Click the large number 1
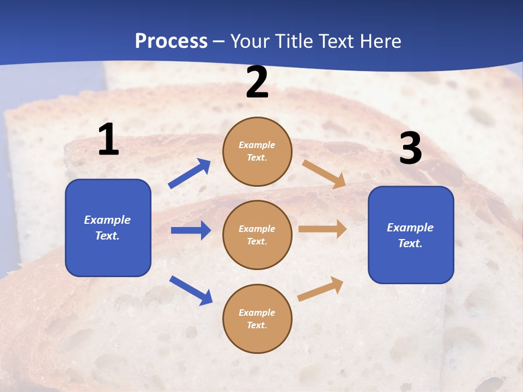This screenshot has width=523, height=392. point(108,140)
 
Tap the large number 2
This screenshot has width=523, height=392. point(257,82)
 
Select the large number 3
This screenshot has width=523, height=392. point(410,149)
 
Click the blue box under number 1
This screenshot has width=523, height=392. point(108,228)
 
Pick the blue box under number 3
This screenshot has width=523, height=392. point(411,235)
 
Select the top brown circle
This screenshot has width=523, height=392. point(257,151)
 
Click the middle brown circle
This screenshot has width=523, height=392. point(257,235)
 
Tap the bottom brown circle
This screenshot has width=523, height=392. point(257,318)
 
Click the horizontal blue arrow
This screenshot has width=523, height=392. point(191,230)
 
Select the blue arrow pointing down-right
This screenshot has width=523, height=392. point(191,290)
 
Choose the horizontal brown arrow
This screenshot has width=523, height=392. point(323,229)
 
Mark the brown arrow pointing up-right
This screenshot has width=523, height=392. point(320,289)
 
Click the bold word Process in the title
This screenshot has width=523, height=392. point(171,41)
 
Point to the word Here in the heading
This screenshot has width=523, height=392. point(381,41)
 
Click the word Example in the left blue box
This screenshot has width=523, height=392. point(107,220)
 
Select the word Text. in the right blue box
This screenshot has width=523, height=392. point(410,243)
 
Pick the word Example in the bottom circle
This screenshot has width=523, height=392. point(257,313)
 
